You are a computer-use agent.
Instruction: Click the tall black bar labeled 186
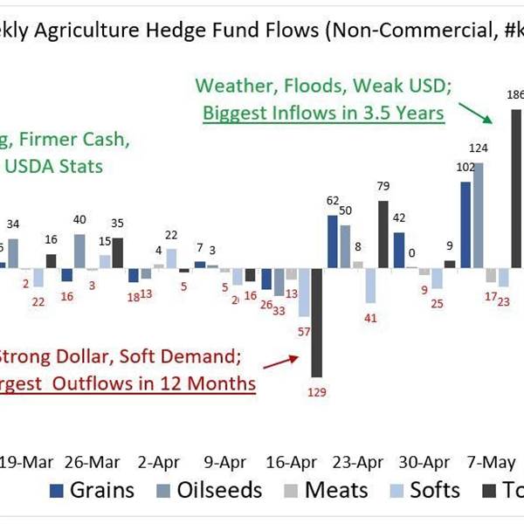coord(516,188)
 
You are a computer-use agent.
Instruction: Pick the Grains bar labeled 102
coord(465,224)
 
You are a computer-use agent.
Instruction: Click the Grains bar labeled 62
coord(333,241)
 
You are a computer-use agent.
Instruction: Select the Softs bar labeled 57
coord(304,292)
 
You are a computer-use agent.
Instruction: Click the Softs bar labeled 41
coord(370,285)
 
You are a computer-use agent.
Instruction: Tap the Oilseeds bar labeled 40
coord(79,250)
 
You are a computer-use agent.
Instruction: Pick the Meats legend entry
coord(327,489)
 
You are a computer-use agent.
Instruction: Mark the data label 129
coord(317,393)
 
